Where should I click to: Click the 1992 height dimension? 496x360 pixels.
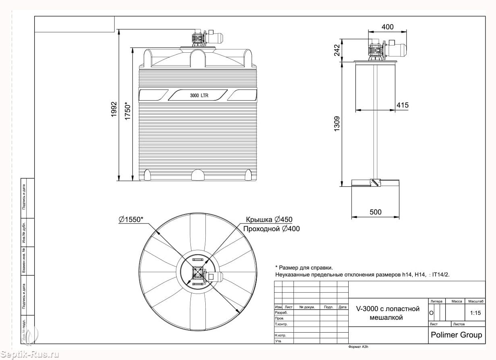click(x=114, y=109)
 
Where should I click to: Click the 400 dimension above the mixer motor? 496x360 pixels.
click(x=387, y=27)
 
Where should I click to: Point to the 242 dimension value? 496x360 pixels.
click(x=337, y=50)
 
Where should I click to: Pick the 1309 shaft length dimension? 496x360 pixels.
click(x=337, y=123)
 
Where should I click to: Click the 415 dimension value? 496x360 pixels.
click(x=402, y=105)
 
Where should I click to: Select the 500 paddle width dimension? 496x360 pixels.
click(x=375, y=212)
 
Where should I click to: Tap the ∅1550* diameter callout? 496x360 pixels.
click(x=131, y=219)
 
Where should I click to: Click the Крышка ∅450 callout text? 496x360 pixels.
click(x=269, y=219)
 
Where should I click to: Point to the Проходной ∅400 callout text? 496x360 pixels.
click(x=271, y=229)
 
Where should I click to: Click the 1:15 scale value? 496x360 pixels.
click(x=475, y=312)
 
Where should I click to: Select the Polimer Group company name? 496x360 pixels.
click(x=456, y=335)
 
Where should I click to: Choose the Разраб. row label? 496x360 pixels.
click(x=281, y=312)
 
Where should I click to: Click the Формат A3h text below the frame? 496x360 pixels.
click(x=358, y=346)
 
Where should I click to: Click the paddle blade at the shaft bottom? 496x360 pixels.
click(x=375, y=183)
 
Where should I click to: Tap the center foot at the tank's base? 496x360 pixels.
click(x=198, y=175)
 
